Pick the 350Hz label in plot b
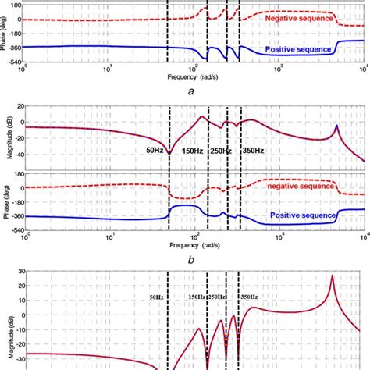pyautogui.click(x=253, y=150)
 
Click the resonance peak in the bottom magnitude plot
pyautogui.click(x=333, y=276)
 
